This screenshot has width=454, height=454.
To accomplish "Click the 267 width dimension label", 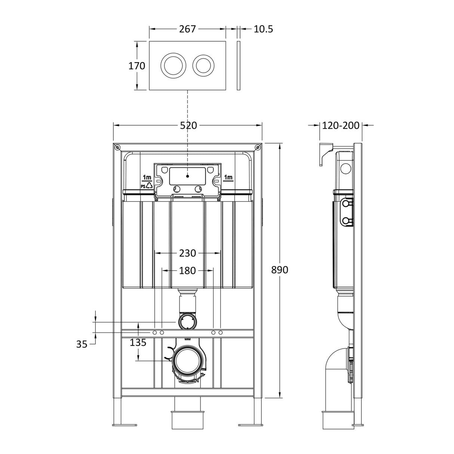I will coord(187,29).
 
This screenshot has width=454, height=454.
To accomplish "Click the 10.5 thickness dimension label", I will coord(263,29).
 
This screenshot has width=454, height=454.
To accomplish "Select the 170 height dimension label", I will coord(136,66).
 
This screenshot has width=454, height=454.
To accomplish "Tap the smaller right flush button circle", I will coord(203,66).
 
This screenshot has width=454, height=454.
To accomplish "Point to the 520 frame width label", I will coord(188,126).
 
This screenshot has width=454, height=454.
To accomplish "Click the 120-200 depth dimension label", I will coord(341,126).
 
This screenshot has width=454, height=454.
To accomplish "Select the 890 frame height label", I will coord(280,270).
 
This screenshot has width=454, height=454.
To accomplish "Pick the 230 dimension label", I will coord(187,253).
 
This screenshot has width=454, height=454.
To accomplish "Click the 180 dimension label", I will coord(187,270).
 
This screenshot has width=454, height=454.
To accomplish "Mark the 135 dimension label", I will coord(138,342).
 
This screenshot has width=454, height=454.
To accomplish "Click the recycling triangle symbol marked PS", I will coord(149,185).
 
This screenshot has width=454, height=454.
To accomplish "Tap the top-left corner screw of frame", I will coord(117,147).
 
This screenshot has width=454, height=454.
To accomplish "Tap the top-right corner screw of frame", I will coord(257,147).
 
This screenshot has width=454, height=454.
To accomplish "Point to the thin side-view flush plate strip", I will coord(239,66).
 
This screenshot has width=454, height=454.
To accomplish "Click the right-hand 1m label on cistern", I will coord(228,177).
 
